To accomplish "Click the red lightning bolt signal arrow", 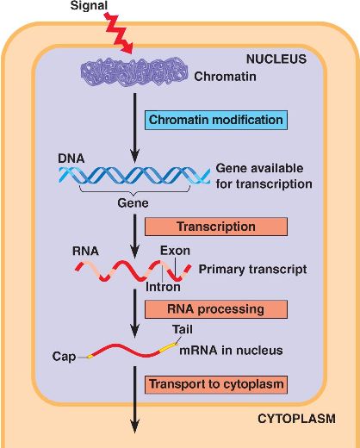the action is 119,34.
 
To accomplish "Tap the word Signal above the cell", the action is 89,6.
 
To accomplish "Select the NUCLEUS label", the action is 276,59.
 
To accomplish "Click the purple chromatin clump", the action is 133,72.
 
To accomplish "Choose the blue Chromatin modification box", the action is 216,120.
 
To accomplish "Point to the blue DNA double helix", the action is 134,175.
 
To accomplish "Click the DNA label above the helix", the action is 71,159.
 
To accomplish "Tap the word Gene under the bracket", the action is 133,203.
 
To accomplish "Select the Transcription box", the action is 216,227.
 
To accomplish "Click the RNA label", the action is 85,251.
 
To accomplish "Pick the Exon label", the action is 175,251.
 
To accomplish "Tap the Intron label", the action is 163,287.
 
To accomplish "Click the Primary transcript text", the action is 252,270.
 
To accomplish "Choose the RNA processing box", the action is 216,309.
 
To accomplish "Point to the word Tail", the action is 183,329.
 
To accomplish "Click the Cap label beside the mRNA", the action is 64,357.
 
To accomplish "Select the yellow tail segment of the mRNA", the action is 167,348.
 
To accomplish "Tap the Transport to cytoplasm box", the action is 216,384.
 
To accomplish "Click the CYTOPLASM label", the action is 296,419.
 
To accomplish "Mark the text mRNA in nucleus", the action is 231,351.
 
